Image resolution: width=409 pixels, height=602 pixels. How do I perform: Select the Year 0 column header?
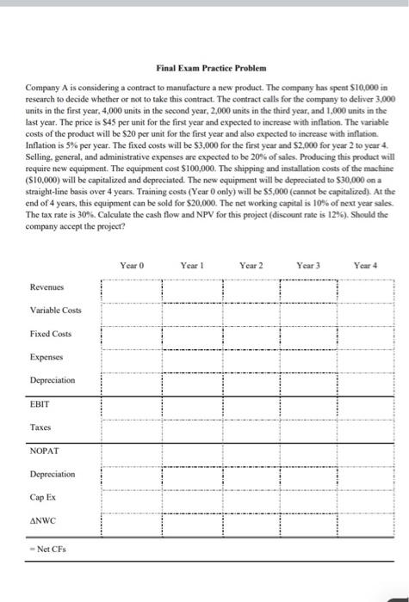pyautogui.click(x=132, y=265)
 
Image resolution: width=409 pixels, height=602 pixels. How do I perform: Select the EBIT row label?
pyautogui.click(x=40, y=402)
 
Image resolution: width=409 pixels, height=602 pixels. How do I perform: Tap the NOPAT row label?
pyautogui.click(x=43, y=450)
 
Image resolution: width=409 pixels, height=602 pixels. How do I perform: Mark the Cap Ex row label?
pyautogui.click(x=43, y=497)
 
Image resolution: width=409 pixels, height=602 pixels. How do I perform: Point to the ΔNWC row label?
pyautogui.click(x=43, y=520)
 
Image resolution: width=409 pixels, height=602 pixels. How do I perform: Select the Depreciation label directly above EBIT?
pyautogui.click(x=53, y=379)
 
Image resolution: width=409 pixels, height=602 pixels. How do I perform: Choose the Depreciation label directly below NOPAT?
pyautogui.click(x=53, y=474)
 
